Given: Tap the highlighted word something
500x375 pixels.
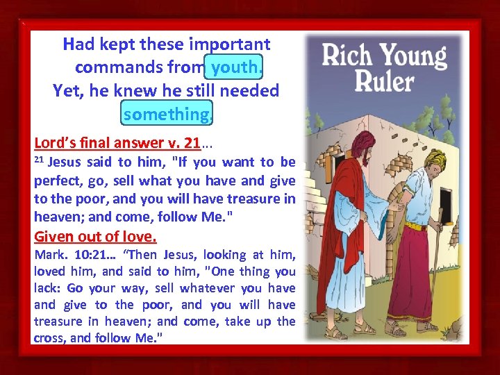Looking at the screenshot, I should point(166,113).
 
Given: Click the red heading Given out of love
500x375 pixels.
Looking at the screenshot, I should point(95,235).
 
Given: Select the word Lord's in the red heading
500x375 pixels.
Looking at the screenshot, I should point(55,144).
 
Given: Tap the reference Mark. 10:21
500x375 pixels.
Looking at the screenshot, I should point(63,255).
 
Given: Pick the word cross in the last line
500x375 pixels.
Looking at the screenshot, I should point(49,338).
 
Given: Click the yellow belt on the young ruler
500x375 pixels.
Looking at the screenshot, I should point(415,226).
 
